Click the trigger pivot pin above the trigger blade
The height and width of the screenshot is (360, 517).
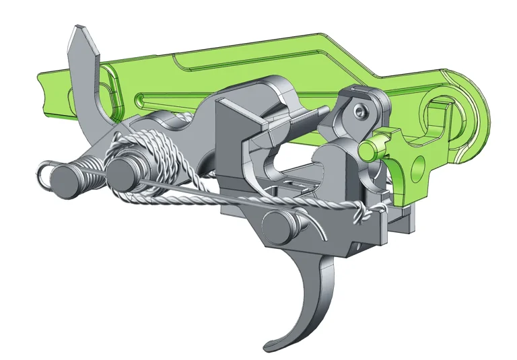278,224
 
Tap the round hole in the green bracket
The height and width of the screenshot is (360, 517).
419,164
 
